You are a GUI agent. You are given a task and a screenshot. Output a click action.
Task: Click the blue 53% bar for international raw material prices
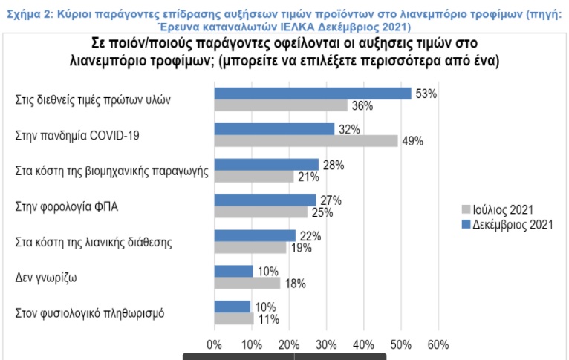[312, 94]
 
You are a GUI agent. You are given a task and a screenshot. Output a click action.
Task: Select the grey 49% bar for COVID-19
[306, 140]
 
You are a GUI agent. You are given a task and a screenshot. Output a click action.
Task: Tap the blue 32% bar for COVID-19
[274, 129]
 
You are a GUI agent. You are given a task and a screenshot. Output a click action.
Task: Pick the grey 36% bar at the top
[281, 105]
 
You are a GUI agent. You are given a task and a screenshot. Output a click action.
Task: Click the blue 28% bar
[266, 164]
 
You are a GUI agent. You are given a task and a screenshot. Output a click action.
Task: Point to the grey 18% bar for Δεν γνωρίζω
[247, 283]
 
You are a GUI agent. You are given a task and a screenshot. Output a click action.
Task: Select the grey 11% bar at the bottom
[234, 318]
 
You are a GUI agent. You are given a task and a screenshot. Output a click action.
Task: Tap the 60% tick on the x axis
[438, 344]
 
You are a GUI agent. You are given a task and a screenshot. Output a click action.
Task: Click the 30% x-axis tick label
[326, 344]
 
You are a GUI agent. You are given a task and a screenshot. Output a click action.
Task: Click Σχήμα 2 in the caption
[25, 6]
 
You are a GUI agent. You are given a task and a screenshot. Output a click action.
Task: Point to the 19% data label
[300, 248]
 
